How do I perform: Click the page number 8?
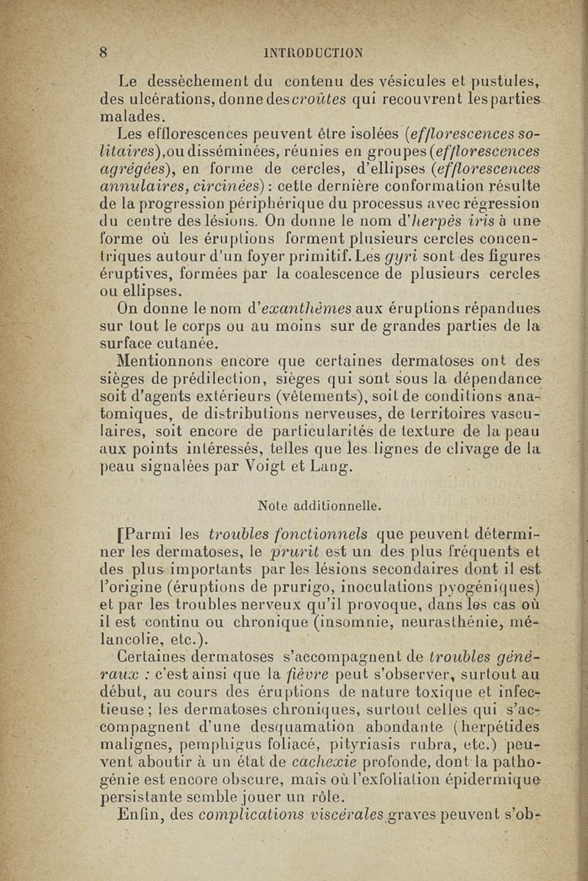[105, 51]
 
